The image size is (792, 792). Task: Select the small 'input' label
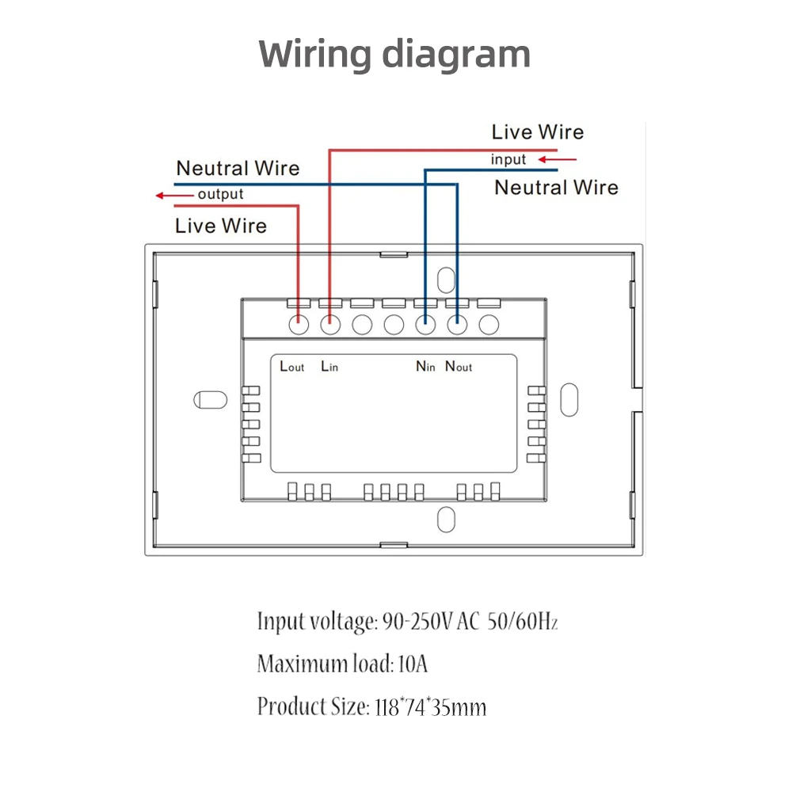tap(508, 159)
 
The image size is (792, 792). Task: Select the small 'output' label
tap(220, 194)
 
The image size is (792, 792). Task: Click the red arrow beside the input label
tap(558, 159)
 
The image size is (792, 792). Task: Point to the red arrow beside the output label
tap(172, 194)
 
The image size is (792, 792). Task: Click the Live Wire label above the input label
tap(537, 132)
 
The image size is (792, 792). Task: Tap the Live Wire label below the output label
tap(221, 226)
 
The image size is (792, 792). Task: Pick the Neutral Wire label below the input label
tap(556, 188)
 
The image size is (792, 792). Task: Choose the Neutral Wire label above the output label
tap(238, 168)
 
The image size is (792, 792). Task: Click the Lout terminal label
tap(292, 366)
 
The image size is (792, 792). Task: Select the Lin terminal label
tap(329, 366)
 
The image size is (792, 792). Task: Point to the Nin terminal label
tap(426, 366)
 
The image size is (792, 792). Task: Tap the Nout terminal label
tap(458, 366)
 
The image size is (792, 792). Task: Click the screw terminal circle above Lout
tap(299, 324)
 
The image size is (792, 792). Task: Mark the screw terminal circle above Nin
tap(425, 324)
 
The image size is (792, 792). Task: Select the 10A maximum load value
tap(412, 663)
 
